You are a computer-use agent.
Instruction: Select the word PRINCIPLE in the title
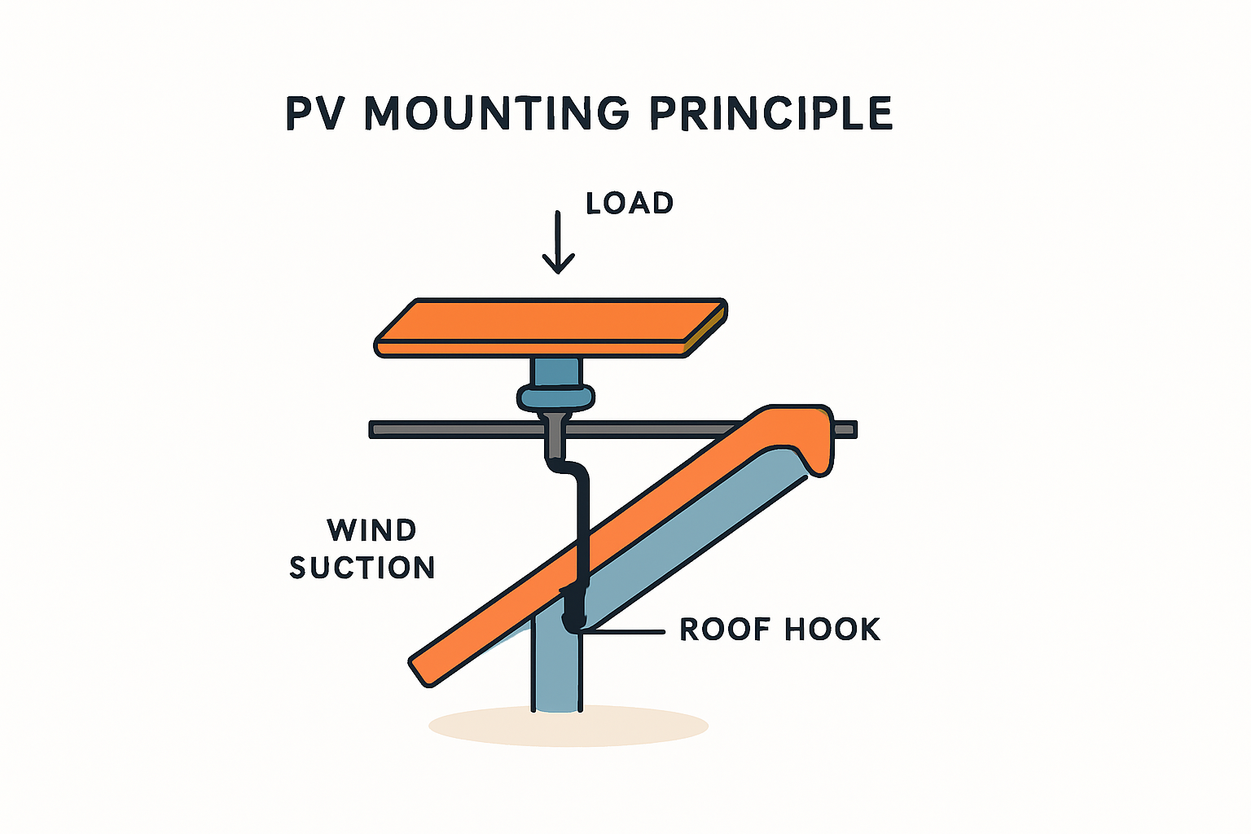click(771, 114)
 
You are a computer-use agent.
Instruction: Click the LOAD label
click(630, 203)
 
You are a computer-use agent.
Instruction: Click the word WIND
click(371, 530)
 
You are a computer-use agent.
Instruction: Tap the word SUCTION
click(362, 567)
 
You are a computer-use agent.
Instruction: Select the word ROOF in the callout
click(724, 630)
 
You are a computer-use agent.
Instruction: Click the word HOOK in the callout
click(832, 630)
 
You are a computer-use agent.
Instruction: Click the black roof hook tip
click(573, 623)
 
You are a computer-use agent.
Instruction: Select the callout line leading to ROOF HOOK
click(627, 630)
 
